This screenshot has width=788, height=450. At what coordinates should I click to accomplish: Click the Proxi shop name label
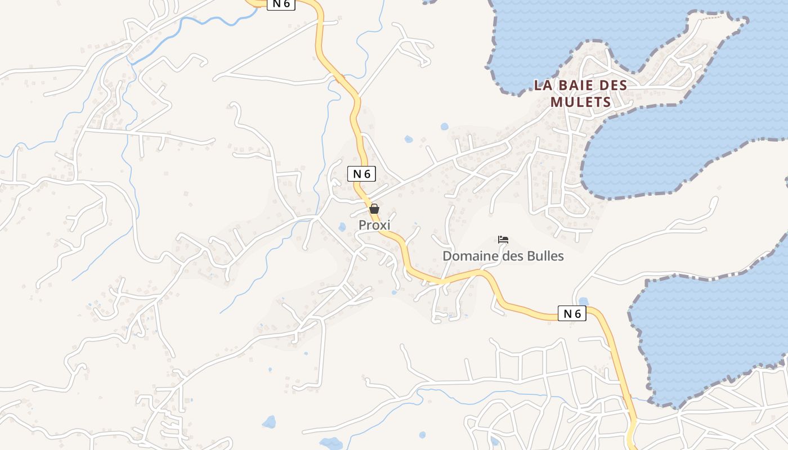pos(374,225)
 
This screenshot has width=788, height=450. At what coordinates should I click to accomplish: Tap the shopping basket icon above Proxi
pos(374,209)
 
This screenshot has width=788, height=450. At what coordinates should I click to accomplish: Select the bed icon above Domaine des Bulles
pos(503,240)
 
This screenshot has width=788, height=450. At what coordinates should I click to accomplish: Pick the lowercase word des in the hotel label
pos(508,256)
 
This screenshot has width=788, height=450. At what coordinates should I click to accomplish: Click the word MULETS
pos(580,102)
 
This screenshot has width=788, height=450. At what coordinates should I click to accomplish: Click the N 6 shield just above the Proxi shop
pos(361,174)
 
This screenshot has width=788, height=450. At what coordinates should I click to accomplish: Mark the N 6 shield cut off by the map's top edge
pos(281,4)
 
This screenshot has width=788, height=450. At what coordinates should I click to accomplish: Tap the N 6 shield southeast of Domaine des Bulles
pos(572,314)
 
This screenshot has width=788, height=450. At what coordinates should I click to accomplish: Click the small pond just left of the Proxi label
pos(342,227)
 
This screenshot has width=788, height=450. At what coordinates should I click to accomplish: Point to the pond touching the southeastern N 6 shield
pos(583,301)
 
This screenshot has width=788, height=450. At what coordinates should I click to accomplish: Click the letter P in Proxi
pos(362,225)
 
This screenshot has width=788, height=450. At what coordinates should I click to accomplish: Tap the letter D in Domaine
pos(447,256)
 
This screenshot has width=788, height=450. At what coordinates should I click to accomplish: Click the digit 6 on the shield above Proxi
pos(366,174)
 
